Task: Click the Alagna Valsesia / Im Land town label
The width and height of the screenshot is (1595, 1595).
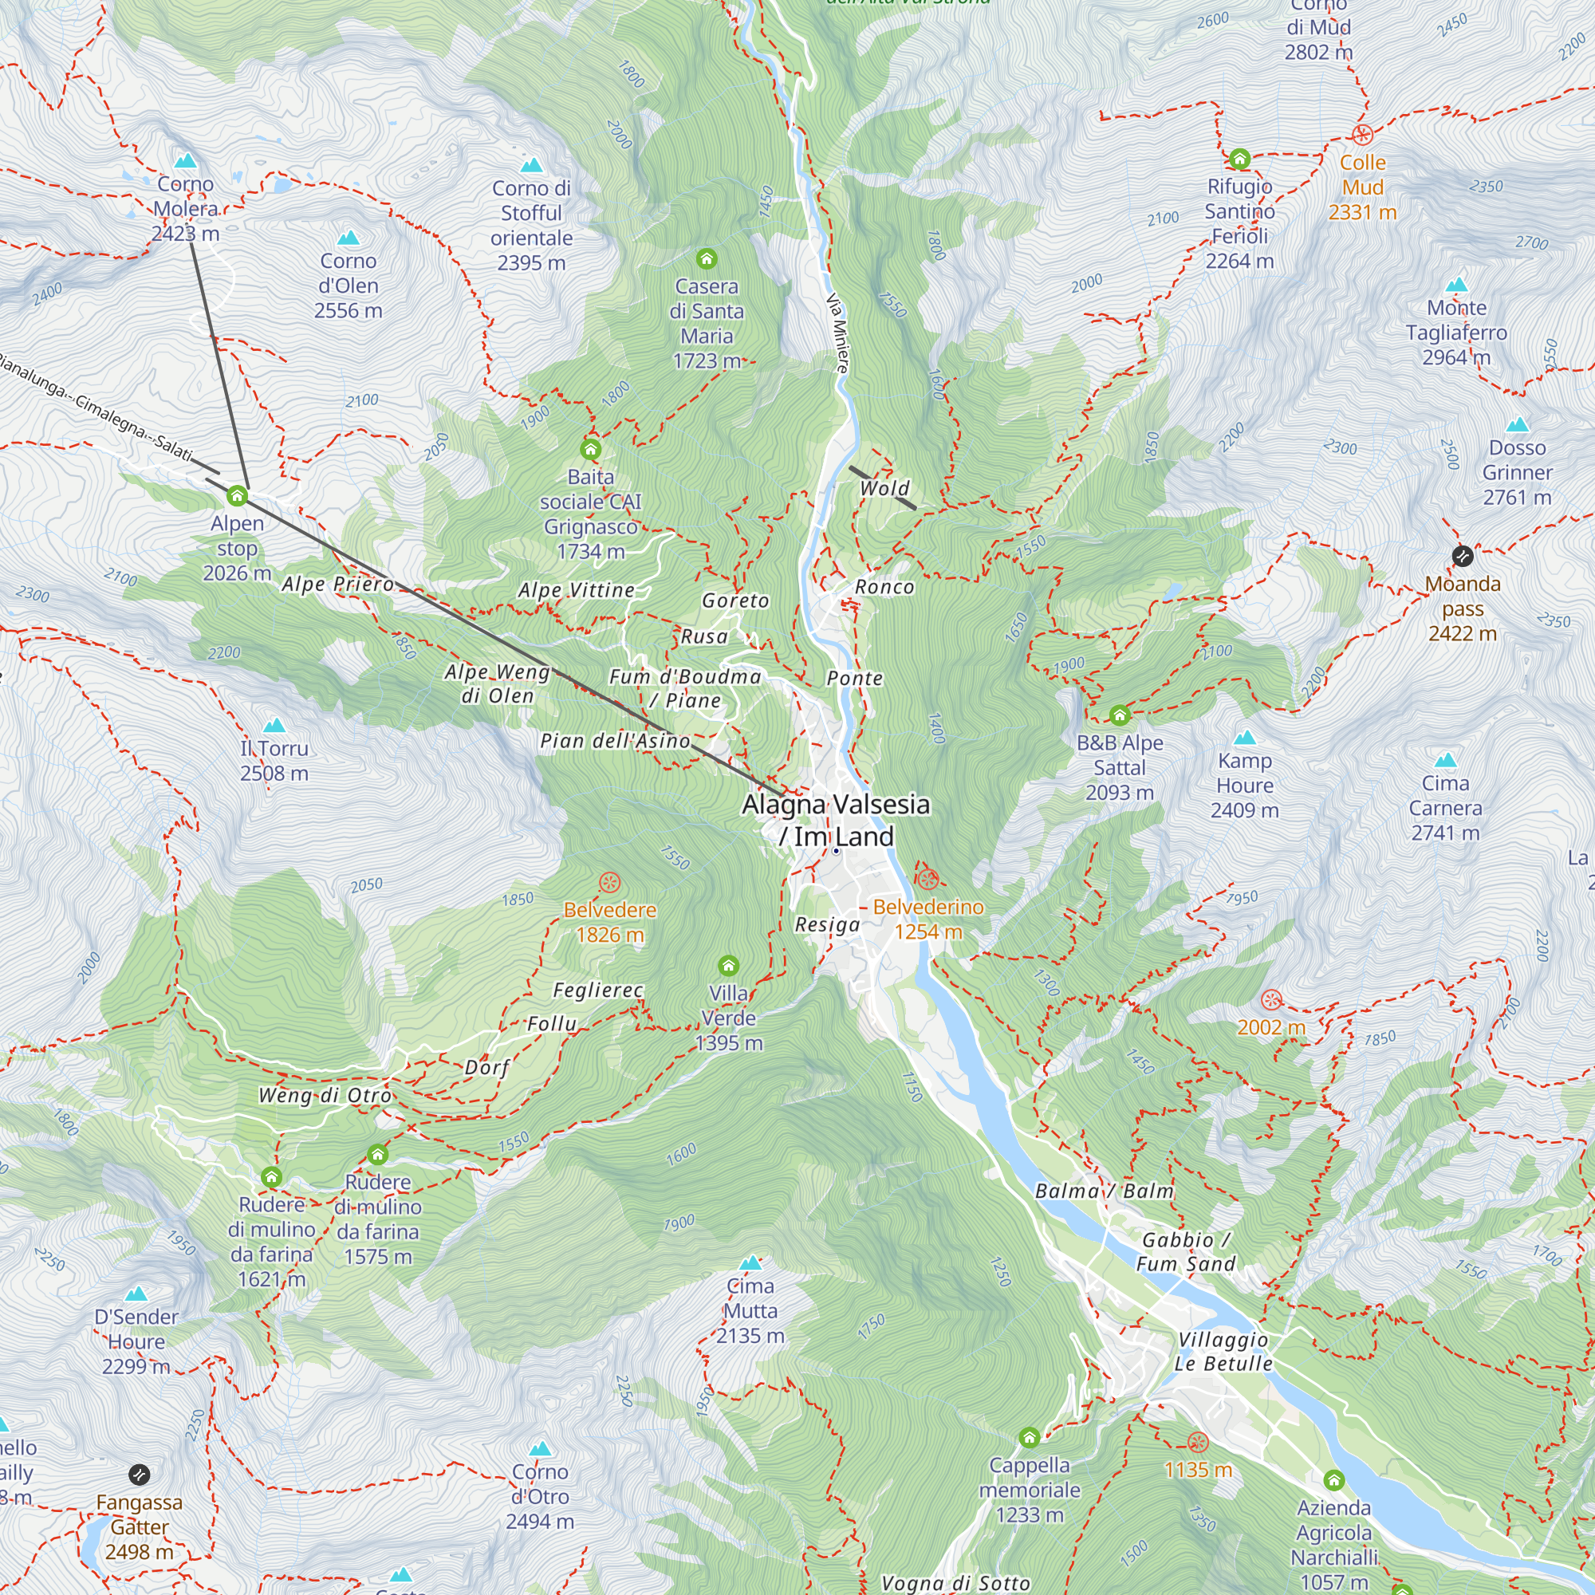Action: (836, 820)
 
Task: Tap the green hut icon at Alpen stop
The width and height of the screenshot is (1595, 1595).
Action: (237, 496)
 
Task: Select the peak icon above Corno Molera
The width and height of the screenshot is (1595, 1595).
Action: (185, 159)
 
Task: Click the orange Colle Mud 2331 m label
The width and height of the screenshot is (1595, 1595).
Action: (1362, 187)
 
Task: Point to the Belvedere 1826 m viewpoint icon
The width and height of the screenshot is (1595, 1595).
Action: (609, 883)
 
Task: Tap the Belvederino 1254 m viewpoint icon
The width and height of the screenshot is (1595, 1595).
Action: (927, 878)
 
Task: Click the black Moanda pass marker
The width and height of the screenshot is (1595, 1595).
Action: (1462, 557)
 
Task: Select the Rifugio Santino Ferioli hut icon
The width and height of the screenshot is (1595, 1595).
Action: (1239, 159)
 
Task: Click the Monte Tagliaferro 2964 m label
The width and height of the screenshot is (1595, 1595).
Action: (1456, 332)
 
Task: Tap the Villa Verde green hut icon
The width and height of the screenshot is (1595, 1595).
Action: (728, 965)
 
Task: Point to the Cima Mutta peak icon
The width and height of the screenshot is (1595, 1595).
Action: (750, 1262)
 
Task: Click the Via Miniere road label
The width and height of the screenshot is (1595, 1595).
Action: (837, 333)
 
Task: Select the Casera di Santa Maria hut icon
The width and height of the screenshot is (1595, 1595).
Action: (706, 259)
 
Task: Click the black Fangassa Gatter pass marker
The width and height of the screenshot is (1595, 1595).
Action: (140, 1475)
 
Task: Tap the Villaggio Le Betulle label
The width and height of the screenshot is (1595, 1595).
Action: (1223, 1352)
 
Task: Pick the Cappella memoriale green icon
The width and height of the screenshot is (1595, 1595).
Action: (1029, 1438)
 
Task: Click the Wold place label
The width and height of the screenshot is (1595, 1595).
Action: (884, 488)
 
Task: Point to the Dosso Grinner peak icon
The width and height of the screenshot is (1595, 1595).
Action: (1518, 425)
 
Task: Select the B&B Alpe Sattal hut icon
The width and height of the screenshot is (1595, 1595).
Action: (1120, 715)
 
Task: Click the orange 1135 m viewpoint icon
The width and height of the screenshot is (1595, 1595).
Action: (1198, 1442)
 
